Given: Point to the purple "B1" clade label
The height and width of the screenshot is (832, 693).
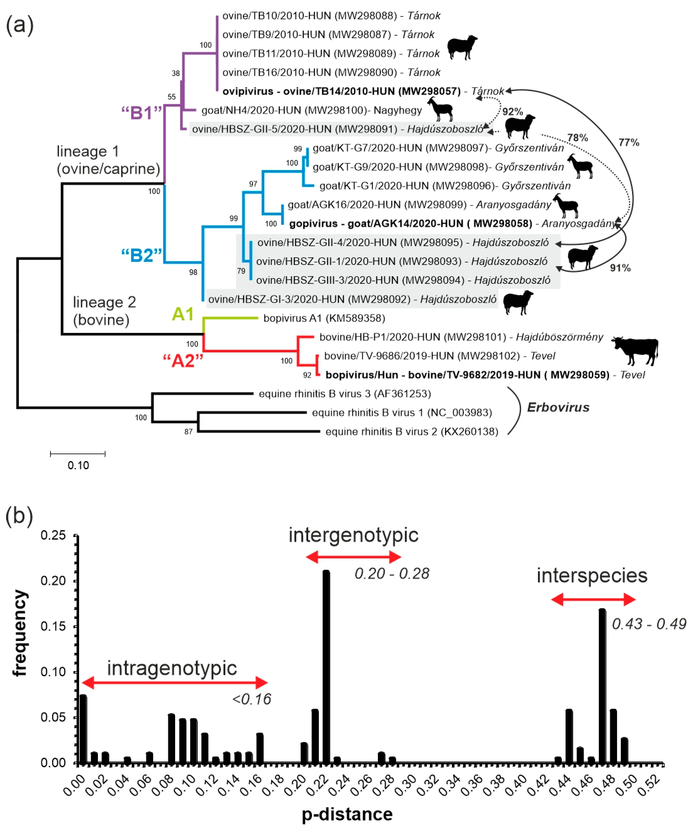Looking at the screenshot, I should [x=141, y=113].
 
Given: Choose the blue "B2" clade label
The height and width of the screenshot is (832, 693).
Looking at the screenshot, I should [x=141, y=256].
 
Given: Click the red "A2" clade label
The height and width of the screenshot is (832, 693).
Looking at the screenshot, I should [x=183, y=361].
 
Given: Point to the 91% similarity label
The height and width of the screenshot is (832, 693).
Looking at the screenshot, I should [x=620, y=268].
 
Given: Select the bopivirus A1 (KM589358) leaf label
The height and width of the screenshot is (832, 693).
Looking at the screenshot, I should [x=324, y=318].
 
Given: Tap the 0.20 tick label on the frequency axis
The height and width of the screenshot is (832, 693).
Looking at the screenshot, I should [x=53, y=581].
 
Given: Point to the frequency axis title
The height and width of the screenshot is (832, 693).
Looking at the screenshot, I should [x=20, y=633].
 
